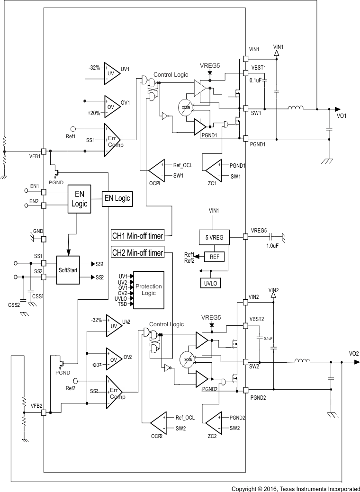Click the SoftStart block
point(68,270)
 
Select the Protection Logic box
point(148,290)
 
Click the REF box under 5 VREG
point(215,257)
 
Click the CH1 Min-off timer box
point(137,235)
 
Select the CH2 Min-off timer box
point(137,253)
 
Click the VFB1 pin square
point(44,151)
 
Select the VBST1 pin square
point(245,73)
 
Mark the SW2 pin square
point(245,362)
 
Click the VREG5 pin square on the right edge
point(245,236)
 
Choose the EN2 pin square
point(44,206)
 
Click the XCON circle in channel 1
point(185,108)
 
